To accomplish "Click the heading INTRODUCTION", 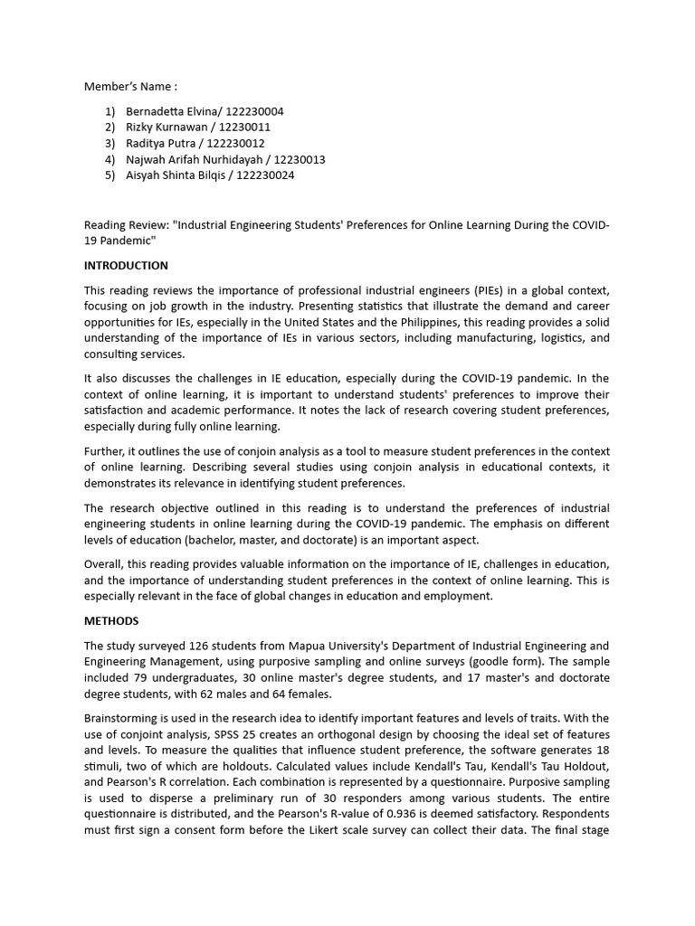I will point(126,266).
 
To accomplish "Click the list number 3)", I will point(109,144).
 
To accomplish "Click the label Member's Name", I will point(128,87).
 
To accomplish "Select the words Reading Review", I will point(120,225).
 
